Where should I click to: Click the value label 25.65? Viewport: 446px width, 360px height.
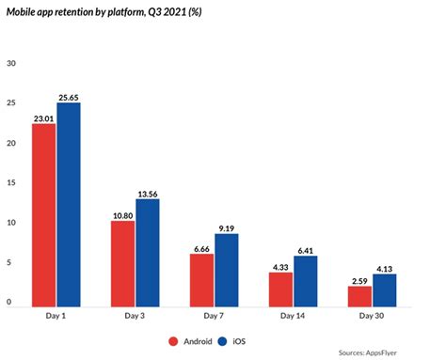(x=71, y=97)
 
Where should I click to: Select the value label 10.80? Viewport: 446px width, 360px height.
(x=121, y=215)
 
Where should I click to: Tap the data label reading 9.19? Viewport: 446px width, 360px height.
(x=228, y=228)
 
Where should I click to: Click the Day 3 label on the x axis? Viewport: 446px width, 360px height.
(x=135, y=317)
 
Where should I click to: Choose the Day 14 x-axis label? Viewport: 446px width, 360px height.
(x=293, y=317)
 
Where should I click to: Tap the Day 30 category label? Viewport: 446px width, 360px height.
(x=372, y=317)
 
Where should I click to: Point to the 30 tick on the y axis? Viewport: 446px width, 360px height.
(x=11, y=64)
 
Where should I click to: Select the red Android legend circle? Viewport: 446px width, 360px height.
(x=175, y=341)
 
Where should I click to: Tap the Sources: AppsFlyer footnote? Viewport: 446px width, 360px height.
(x=395, y=352)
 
